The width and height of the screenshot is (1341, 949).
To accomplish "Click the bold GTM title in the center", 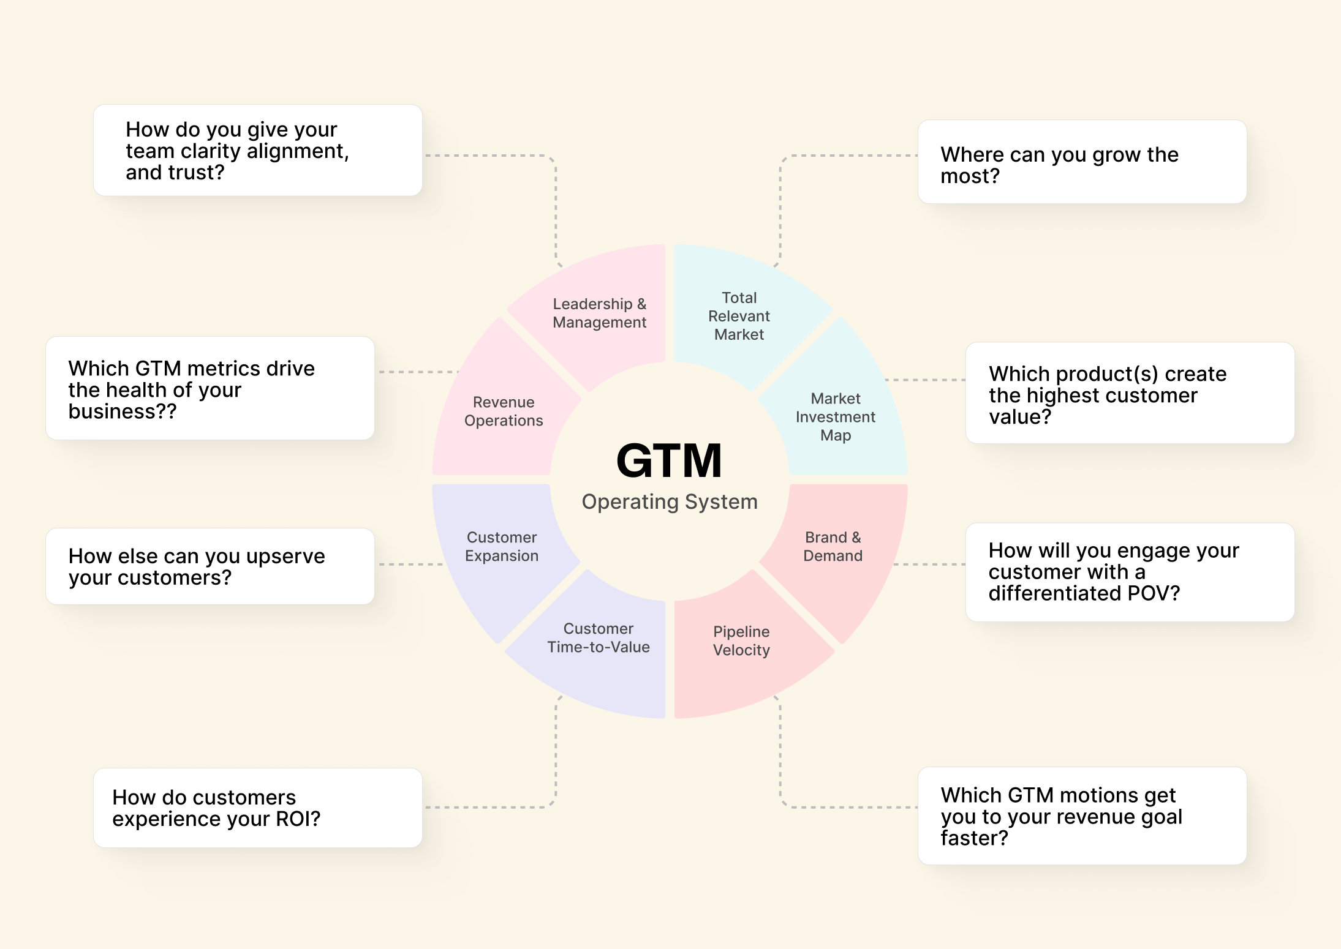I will pos(669,460).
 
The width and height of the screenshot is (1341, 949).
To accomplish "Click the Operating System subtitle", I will pos(670,501).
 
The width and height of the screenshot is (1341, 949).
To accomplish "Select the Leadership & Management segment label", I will pos(599,313).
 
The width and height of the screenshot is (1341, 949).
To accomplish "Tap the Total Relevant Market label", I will pos(739,316).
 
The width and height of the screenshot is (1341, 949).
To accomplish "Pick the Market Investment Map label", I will pos(835,417).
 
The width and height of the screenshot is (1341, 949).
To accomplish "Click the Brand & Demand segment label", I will pos(833,546).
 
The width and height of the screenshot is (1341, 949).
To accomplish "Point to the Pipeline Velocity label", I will pos(741,640).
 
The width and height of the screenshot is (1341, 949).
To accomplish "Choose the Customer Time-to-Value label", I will pos(599,637).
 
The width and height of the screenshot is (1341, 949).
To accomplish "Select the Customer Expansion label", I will pos(502,546).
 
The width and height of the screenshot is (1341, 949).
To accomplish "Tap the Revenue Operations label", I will pos(504,411).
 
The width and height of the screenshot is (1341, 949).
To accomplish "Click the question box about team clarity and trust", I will pos(257,151).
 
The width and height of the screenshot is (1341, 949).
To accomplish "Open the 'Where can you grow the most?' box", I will pos(1082,162).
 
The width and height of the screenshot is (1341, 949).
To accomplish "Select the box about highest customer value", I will pos(1130,393).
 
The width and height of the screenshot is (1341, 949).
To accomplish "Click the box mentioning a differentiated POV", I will pos(1130,572).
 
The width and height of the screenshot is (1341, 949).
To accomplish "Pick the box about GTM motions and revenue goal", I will pos(1082,816).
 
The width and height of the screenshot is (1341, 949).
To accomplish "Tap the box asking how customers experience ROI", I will pos(257,808).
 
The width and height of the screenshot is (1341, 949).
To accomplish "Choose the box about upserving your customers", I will pos(210,566).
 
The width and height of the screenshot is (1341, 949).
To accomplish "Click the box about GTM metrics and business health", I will pos(210,388).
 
